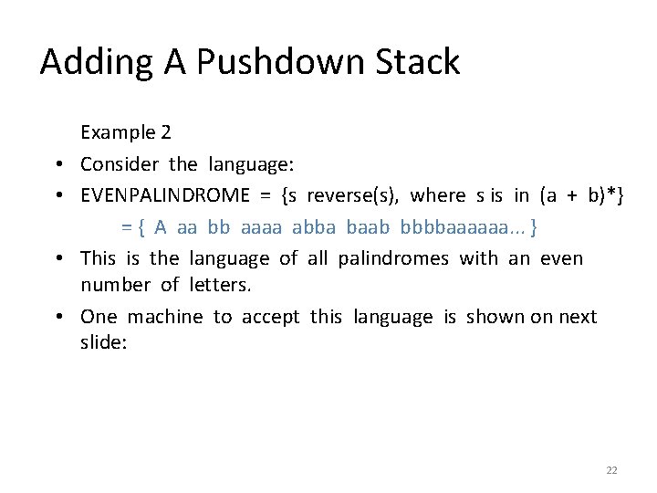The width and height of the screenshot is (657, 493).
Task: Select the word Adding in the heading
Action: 91,62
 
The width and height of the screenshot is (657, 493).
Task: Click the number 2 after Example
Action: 164,132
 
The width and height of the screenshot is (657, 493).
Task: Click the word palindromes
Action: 393,258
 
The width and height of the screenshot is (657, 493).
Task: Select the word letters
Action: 219,286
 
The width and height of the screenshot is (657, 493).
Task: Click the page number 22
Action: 611,470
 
